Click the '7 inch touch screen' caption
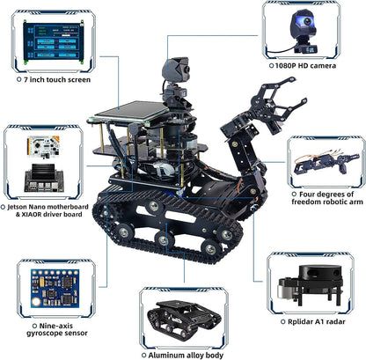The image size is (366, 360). (x=57, y=79)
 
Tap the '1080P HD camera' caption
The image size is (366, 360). (x=305, y=66)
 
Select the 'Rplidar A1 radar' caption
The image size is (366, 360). (x=317, y=321)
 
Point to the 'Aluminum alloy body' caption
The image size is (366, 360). (x=186, y=356)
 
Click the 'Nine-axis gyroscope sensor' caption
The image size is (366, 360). (x=57, y=329)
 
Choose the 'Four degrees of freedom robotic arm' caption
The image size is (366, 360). (x=327, y=198)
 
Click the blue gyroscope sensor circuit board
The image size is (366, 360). (x=55, y=289)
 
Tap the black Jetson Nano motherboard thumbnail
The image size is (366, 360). (x=44, y=178)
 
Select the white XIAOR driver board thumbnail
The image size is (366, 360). (x=43, y=147)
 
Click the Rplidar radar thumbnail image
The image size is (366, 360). (x=310, y=285)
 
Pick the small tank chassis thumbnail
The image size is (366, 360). (x=184, y=320)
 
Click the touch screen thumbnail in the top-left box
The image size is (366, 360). (x=54, y=42)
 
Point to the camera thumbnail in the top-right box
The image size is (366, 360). (x=304, y=32)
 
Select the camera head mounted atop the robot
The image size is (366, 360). (x=176, y=69)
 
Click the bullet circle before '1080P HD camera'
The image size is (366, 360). (x=271, y=66)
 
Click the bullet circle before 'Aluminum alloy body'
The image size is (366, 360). (x=143, y=356)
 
